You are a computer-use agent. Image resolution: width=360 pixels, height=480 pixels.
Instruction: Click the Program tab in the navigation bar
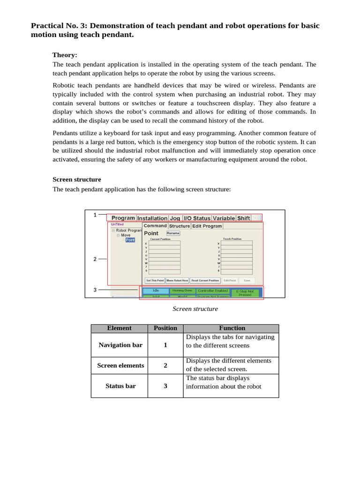click(123, 218)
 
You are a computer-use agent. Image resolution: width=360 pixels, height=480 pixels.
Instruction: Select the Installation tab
click(152, 218)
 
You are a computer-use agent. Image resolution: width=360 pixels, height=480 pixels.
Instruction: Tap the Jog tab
click(175, 218)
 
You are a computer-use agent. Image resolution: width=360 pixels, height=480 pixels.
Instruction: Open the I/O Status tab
click(197, 218)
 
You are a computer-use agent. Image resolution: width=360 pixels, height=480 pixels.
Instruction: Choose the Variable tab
click(224, 218)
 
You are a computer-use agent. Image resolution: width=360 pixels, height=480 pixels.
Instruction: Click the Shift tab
click(243, 218)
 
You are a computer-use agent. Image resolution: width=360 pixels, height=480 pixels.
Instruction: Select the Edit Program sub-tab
click(207, 226)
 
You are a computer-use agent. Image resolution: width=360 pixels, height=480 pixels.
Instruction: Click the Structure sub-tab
click(180, 226)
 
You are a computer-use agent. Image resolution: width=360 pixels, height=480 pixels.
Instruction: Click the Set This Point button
click(155, 280)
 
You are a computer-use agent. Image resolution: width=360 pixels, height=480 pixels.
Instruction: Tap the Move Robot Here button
click(177, 280)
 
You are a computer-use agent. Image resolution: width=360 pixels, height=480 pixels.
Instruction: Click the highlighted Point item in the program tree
click(130, 240)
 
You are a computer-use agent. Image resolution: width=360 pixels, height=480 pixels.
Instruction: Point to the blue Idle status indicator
click(156, 291)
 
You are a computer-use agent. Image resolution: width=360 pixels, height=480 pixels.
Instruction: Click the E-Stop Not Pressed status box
click(245, 292)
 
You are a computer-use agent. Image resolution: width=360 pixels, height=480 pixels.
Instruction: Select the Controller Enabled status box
click(212, 291)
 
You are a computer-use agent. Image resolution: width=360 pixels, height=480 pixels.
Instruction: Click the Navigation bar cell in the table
click(120, 345)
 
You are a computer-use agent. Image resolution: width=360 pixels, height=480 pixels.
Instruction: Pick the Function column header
click(232, 328)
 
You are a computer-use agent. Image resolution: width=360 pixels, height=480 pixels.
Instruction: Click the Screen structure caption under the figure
click(195, 309)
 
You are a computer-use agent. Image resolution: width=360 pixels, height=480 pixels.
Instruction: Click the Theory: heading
click(65, 55)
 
